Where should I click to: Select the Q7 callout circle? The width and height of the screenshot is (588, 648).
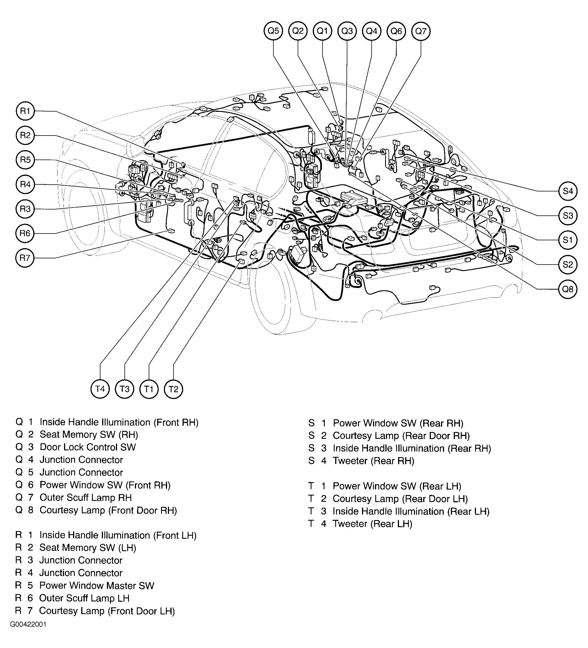pyautogui.click(x=421, y=31)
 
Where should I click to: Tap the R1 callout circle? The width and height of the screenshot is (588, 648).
pyautogui.click(x=25, y=111)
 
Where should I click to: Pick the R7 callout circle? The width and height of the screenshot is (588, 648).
pyautogui.click(x=25, y=258)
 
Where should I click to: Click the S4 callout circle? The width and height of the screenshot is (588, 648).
pyautogui.click(x=568, y=191)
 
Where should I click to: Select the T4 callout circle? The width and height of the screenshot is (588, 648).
pyautogui.click(x=100, y=389)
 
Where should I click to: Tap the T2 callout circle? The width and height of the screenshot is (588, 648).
pyautogui.click(x=174, y=389)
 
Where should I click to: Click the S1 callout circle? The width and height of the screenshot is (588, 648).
pyautogui.click(x=568, y=240)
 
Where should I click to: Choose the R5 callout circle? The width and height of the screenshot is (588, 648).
pyautogui.click(x=25, y=160)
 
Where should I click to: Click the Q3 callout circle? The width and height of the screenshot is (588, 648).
pyautogui.click(x=347, y=31)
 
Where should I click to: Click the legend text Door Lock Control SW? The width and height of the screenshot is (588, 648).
pyautogui.click(x=87, y=447)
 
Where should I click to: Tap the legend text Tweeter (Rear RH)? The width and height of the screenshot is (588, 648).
pyautogui.click(x=373, y=461)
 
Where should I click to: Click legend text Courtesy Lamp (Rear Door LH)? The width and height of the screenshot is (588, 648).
pyautogui.click(x=400, y=499)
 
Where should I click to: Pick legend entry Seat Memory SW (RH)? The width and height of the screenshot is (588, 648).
pyautogui.click(x=89, y=435)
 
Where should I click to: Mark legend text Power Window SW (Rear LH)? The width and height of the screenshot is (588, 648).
pyautogui.click(x=397, y=486)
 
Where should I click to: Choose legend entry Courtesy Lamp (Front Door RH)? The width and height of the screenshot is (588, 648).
pyautogui.click(x=108, y=510)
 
